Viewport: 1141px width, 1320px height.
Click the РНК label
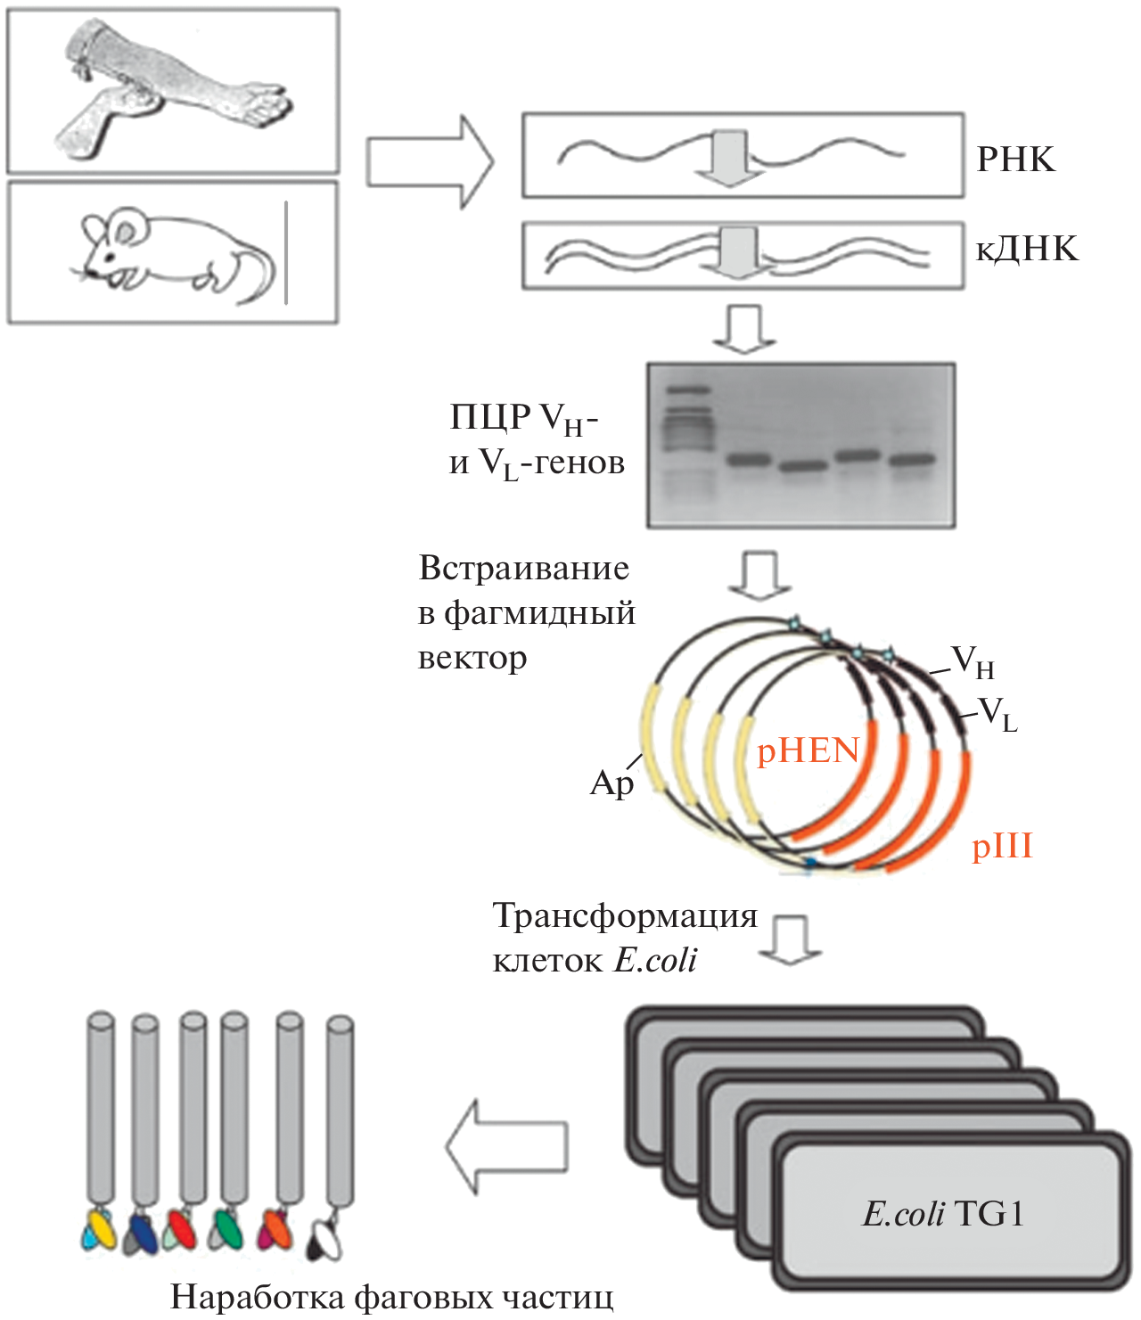click(x=1015, y=160)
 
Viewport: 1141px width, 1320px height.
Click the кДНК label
click(x=1027, y=249)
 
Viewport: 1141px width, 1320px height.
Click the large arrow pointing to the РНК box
click(x=429, y=162)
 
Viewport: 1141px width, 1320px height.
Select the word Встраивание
click(x=524, y=569)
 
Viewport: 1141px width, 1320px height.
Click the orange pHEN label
click(x=808, y=750)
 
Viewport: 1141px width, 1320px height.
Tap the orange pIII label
click(x=1002, y=846)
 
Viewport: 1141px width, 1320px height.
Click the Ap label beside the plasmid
click(x=612, y=783)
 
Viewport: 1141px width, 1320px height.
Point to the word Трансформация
click(x=624, y=915)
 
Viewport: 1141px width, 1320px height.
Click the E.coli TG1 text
click(x=943, y=1214)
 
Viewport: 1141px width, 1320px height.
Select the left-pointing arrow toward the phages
click(x=505, y=1146)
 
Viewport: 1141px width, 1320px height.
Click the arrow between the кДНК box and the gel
click(x=743, y=328)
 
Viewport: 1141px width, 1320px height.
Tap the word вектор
click(x=472, y=659)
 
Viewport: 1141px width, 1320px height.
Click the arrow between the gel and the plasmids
click(x=759, y=576)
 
